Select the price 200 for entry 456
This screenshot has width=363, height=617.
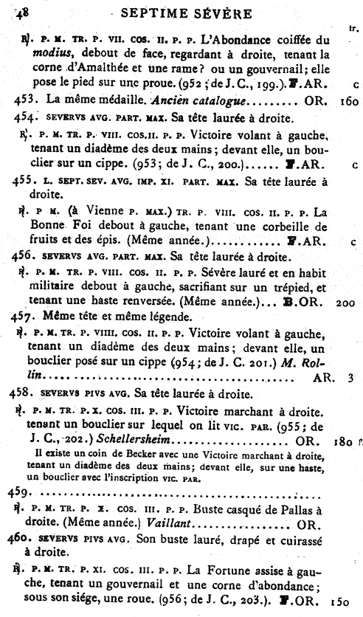click(344, 303)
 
